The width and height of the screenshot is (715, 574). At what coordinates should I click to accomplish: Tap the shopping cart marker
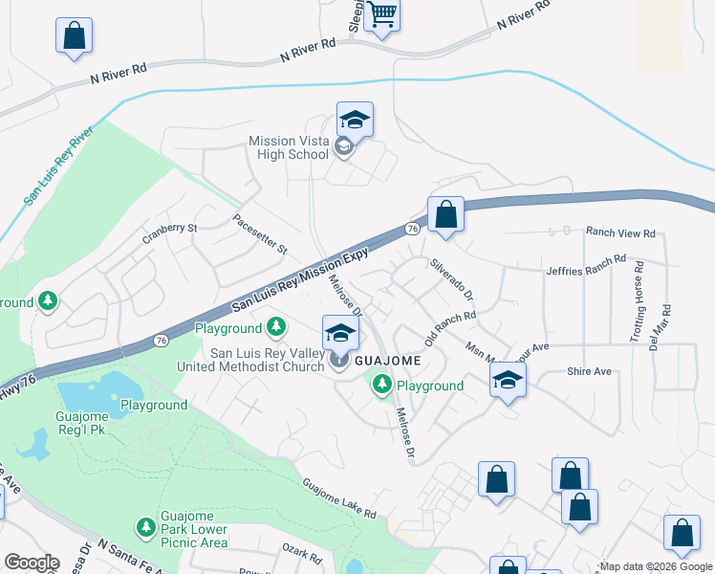pyautogui.click(x=382, y=15)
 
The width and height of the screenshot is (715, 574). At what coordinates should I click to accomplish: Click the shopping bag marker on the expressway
pyautogui.click(x=445, y=214)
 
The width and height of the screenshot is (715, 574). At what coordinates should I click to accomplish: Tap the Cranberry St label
pyautogui.click(x=169, y=229)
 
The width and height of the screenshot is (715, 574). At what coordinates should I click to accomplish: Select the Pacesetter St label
pyautogui.click(x=260, y=233)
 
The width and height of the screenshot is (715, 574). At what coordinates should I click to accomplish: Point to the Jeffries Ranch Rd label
pyautogui.click(x=586, y=266)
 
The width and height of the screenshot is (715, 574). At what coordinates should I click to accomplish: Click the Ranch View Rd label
pyautogui.click(x=620, y=232)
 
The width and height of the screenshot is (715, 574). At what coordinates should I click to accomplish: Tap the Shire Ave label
pyautogui.click(x=589, y=371)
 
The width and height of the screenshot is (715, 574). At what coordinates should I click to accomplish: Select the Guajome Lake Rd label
pyautogui.click(x=340, y=498)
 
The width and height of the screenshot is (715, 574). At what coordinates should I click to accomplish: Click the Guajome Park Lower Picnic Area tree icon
pyautogui.click(x=145, y=526)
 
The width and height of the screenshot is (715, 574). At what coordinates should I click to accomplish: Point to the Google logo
pyautogui.click(x=32, y=563)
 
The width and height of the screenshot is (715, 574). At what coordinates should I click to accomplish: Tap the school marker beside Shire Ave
pyautogui.click(x=509, y=381)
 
